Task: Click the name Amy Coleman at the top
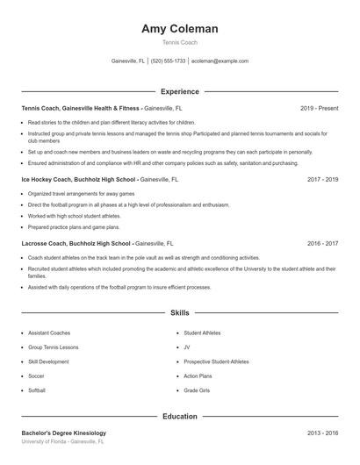point(180,29)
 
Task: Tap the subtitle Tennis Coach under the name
point(180,43)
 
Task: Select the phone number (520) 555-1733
point(169,61)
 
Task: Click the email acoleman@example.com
point(220,61)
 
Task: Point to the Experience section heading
point(180,91)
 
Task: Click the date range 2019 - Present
point(319,108)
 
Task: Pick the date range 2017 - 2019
point(322,179)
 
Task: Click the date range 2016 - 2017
point(322,243)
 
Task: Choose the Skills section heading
point(180,312)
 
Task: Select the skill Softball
point(37,390)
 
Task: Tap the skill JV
point(187,347)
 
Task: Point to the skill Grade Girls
point(197,390)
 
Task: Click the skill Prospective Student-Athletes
point(216,361)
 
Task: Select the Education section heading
point(180,416)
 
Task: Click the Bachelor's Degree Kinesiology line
point(63,433)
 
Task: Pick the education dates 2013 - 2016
point(322,433)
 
